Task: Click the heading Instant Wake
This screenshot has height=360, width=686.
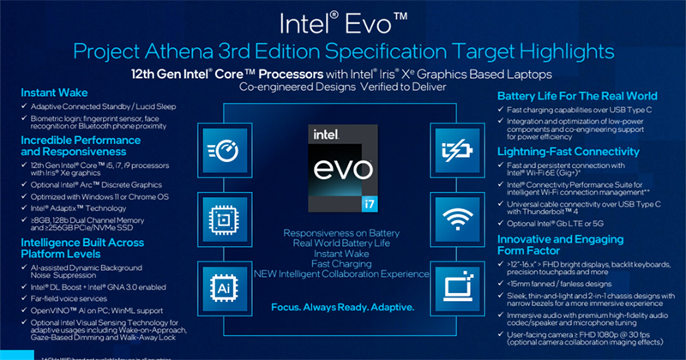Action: pyautogui.click(x=56, y=92)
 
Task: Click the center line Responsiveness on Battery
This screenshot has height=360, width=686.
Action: pyautogui.click(x=342, y=232)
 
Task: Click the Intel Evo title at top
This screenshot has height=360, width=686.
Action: pyautogui.click(x=342, y=21)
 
